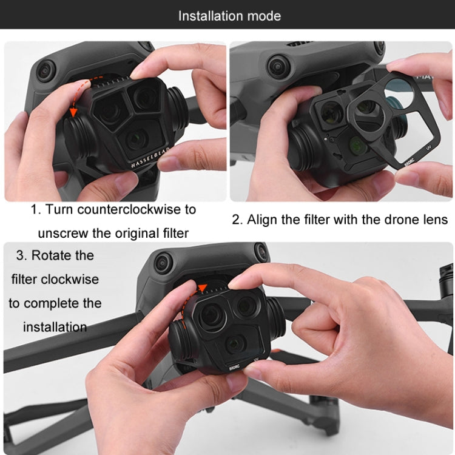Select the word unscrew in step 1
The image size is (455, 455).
[x=63, y=234]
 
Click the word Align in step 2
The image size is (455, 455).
[x=262, y=220]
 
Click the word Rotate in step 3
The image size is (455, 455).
[x=62, y=255]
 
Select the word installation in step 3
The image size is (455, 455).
[x=55, y=327]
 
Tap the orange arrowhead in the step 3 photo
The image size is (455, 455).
[x=202, y=288]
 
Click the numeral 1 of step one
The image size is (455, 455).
[x=34, y=209]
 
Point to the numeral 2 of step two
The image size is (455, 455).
[x=235, y=220]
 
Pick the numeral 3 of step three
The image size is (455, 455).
[x=20, y=255]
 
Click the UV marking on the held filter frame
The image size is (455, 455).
[x=428, y=148]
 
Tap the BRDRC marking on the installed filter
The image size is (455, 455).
[x=234, y=368]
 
